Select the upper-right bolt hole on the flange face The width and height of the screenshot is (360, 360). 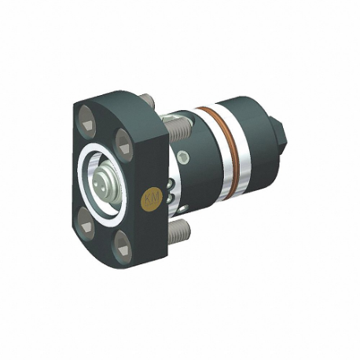123,142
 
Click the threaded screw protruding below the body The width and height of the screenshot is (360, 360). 181,230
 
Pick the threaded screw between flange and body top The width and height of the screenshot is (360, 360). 174,124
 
